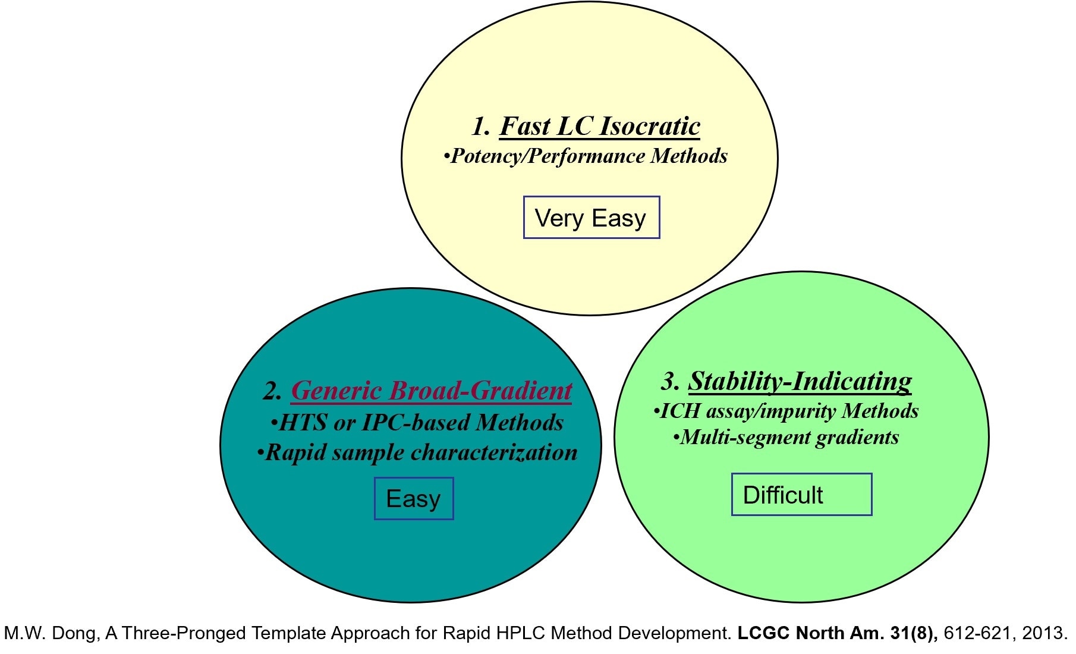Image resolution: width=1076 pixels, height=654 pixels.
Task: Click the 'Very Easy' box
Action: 591,218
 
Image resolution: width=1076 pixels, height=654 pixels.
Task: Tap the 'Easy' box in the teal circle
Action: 414,498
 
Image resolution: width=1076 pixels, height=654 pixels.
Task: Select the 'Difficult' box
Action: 801,495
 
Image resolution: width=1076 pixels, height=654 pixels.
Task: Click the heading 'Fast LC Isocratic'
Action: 599,126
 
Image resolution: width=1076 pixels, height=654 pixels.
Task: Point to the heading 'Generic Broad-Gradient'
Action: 431,391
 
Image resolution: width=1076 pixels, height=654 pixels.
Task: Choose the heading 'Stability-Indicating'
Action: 800,381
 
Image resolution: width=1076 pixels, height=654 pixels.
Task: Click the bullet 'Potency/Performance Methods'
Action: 586,156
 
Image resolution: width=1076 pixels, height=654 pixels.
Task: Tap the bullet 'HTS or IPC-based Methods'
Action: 417,422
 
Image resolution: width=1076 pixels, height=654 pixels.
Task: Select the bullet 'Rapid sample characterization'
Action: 418,452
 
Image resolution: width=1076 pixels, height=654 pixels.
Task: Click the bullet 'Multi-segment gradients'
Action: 786,438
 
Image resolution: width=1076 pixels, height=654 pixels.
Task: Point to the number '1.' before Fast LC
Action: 481,127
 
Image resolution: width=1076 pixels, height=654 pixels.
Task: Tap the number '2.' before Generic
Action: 273,391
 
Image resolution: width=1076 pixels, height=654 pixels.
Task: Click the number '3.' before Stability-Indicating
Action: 670,382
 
